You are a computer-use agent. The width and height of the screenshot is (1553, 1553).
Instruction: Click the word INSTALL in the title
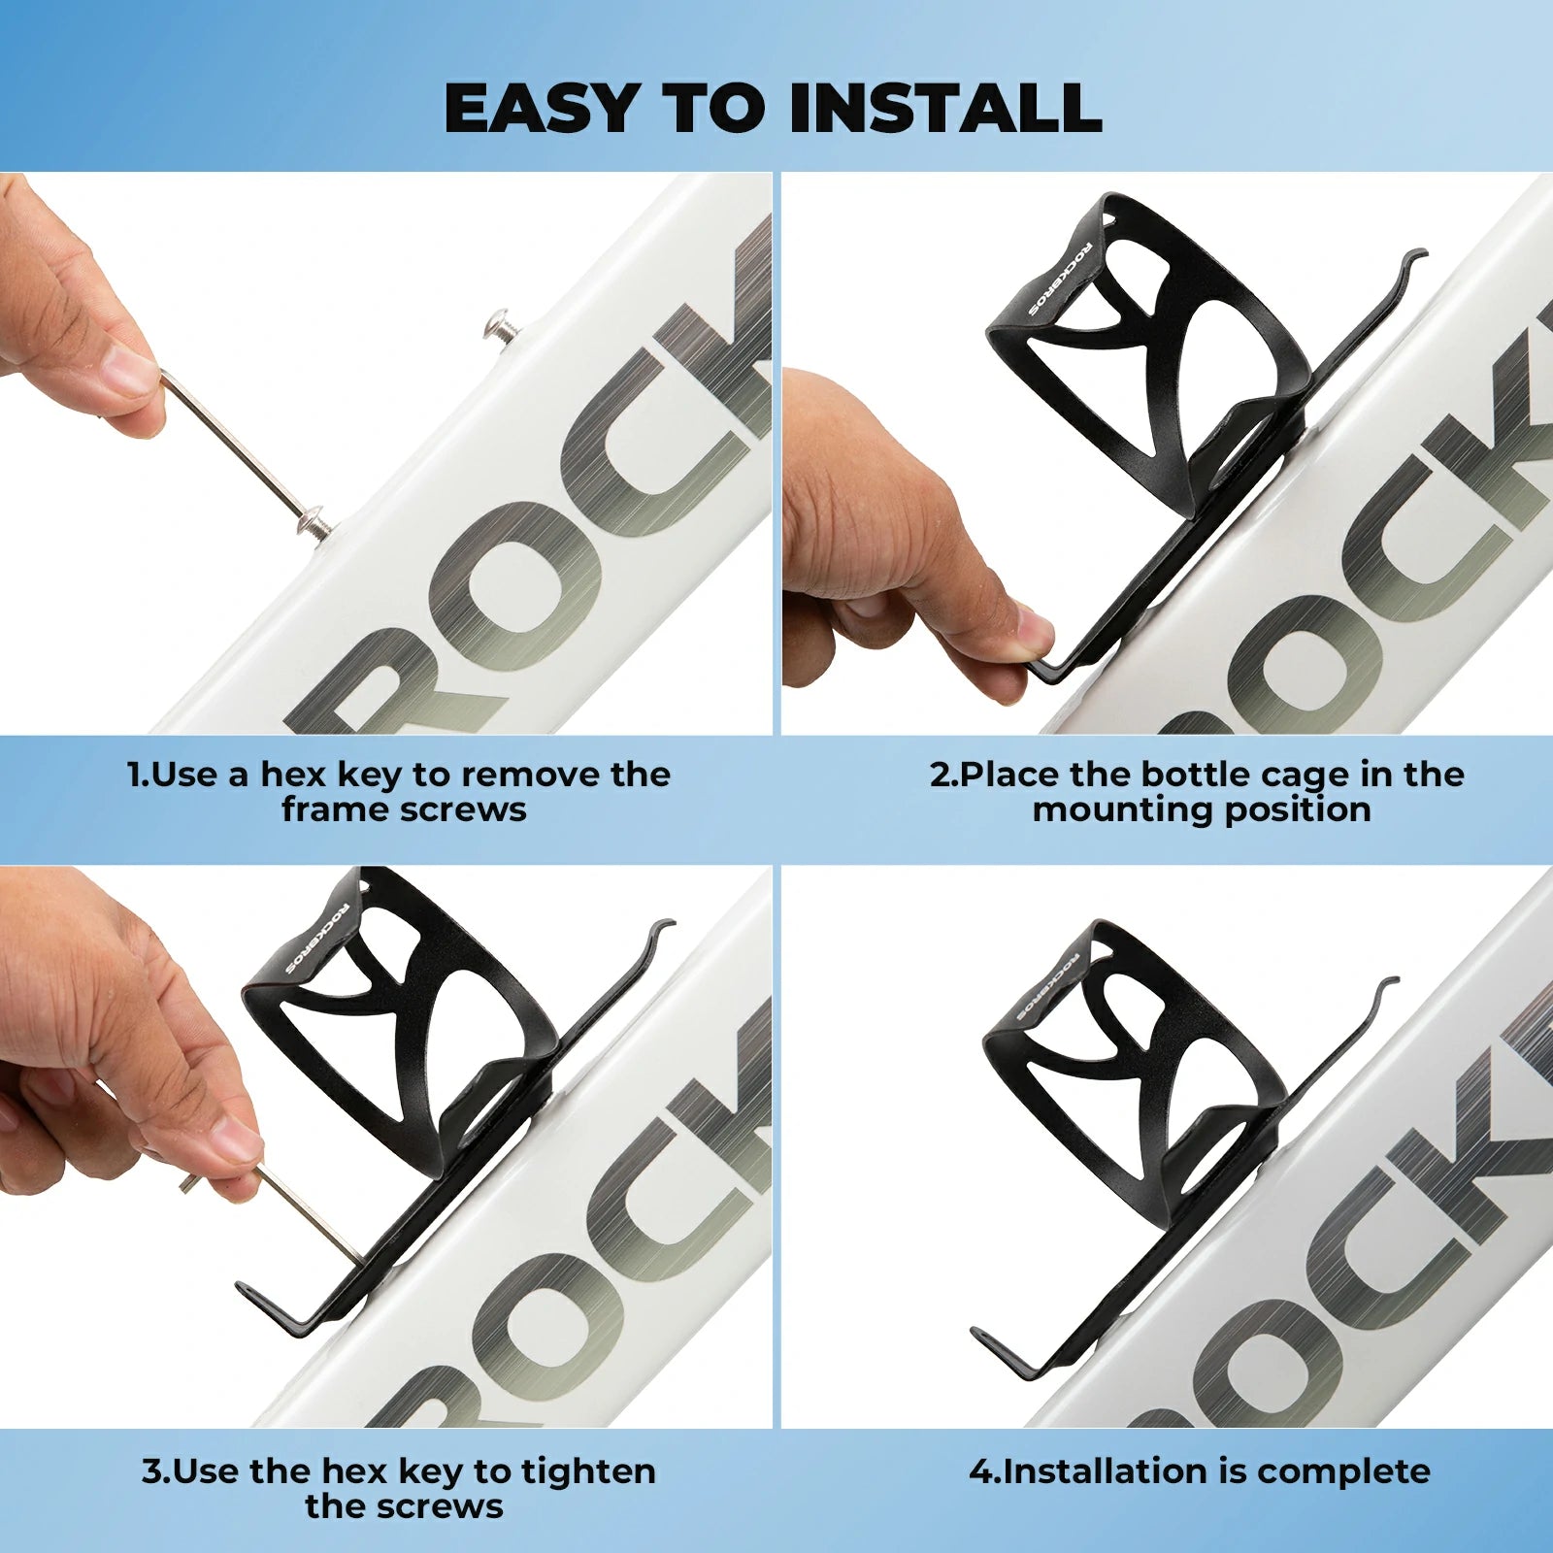pos(945,107)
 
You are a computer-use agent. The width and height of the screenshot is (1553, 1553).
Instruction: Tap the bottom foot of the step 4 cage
pos(1009,1349)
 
